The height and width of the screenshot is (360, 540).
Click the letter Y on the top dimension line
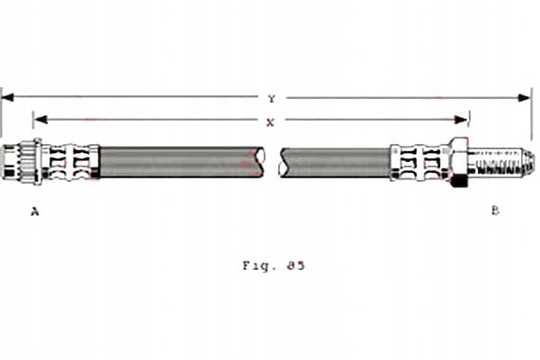(x=271, y=98)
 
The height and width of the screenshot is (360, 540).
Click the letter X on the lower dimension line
(x=271, y=119)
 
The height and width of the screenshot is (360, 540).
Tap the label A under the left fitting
(x=35, y=211)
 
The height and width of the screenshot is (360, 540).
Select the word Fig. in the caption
(x=256, y=265)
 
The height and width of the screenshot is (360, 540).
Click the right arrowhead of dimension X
(x=464, y=119)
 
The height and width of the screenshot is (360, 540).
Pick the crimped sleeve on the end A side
(x=71, y=162)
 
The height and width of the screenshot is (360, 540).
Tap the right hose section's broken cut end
(x=284, y=162)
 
